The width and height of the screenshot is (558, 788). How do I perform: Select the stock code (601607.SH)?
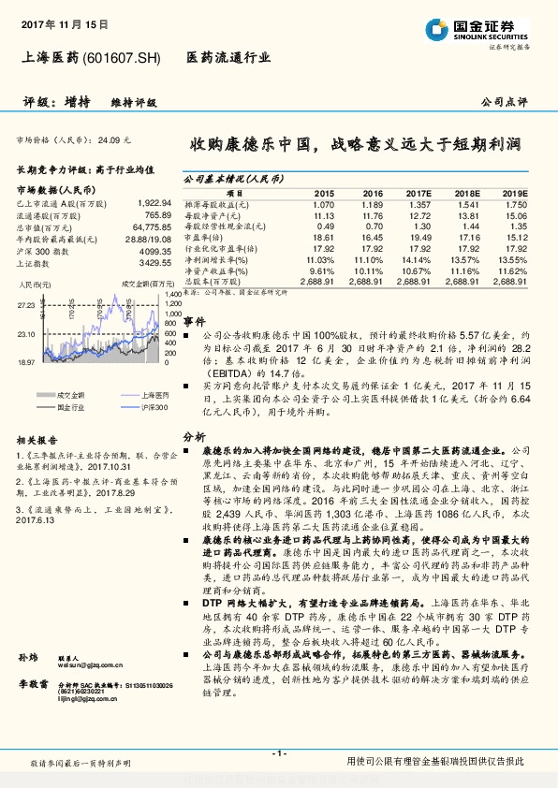(127, 58)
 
